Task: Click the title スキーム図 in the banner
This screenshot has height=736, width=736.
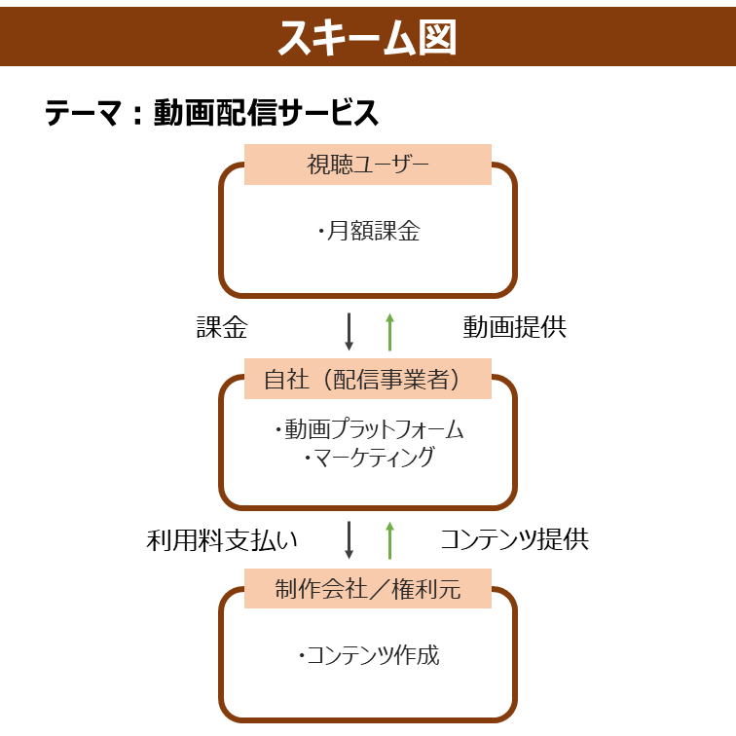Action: pos(367,37)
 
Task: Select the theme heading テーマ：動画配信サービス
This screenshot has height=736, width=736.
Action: pos(211,113)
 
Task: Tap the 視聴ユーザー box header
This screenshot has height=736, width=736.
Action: pos(368,165)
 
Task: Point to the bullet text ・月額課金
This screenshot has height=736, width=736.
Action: pos(368,231)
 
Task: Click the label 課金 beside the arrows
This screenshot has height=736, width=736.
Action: pos(222,327)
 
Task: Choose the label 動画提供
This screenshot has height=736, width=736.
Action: pos(514,327)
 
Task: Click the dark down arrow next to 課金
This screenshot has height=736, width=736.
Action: pos(349,332)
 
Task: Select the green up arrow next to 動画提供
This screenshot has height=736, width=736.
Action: pos(389,332)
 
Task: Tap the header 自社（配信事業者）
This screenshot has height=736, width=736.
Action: pos(362,380)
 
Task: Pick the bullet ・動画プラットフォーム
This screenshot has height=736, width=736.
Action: pos(369,429)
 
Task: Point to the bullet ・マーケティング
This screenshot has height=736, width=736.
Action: pos(369,458)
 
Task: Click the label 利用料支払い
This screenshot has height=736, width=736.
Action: pos(222,539)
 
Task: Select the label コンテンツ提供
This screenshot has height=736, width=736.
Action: pos(514,539)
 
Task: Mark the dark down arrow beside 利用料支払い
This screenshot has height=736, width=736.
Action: pos(349,540)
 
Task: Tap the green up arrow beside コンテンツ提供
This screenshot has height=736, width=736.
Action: pos(389,540)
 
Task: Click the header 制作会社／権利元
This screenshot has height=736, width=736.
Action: pos(368,589)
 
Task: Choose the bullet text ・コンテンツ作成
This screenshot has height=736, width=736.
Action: pos(369,655)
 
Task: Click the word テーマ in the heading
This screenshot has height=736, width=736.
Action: pos(83,113)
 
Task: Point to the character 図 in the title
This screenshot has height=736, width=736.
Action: pos(437,38)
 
